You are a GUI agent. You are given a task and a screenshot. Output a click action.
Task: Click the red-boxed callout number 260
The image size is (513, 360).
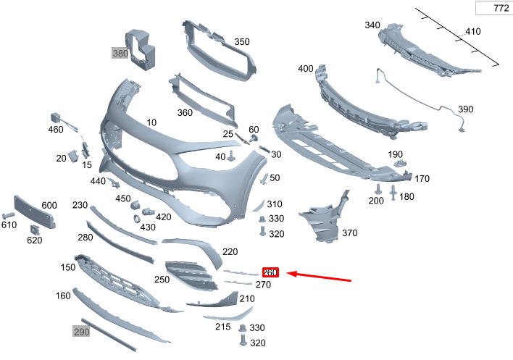click(x=270, y=272)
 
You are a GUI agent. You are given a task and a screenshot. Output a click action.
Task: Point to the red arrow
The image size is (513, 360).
click(x=320, y=277)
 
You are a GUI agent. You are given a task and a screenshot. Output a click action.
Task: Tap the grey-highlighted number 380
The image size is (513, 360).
click(x=120, y=53)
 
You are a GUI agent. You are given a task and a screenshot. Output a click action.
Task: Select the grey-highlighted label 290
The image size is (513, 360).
click(x=81, y=332)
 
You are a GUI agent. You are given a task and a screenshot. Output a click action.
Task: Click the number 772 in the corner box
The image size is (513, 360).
click(x=501, y=8)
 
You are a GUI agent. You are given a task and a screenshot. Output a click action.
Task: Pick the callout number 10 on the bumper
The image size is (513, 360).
click(x=151, y=122)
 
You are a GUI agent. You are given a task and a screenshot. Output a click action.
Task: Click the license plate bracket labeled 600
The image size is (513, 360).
click(x=34, y=212)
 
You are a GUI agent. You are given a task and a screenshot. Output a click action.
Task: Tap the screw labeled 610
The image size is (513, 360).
click(x=8, y=215)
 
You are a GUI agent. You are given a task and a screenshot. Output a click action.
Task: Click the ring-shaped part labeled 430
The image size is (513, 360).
click(x=137, y=219)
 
